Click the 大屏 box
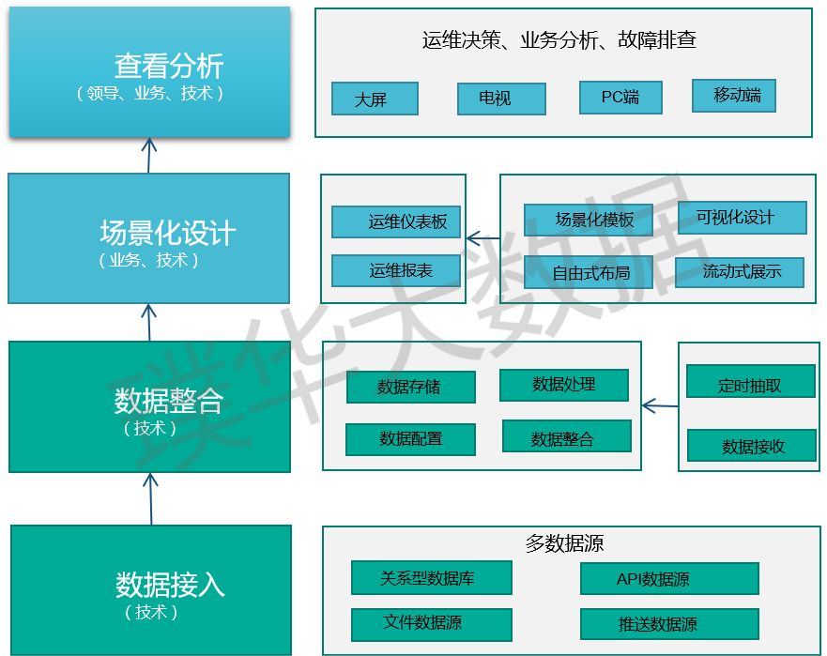point(375,99)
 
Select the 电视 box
point(501,99)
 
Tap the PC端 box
point(620,97)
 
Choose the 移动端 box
point(734,95)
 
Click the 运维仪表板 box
point(396,222)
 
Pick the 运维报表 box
point(396,270)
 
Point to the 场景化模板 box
point(587,220)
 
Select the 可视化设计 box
point(742,217)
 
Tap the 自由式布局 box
point(587,273)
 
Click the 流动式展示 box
point(740,272)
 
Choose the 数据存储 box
point(410,387)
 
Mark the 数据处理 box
point(563,385)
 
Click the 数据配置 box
point(410,439)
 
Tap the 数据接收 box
point(752,446)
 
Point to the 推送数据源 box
point(668,624)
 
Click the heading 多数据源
point(564,543)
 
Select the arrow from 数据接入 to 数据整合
point(150,497)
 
